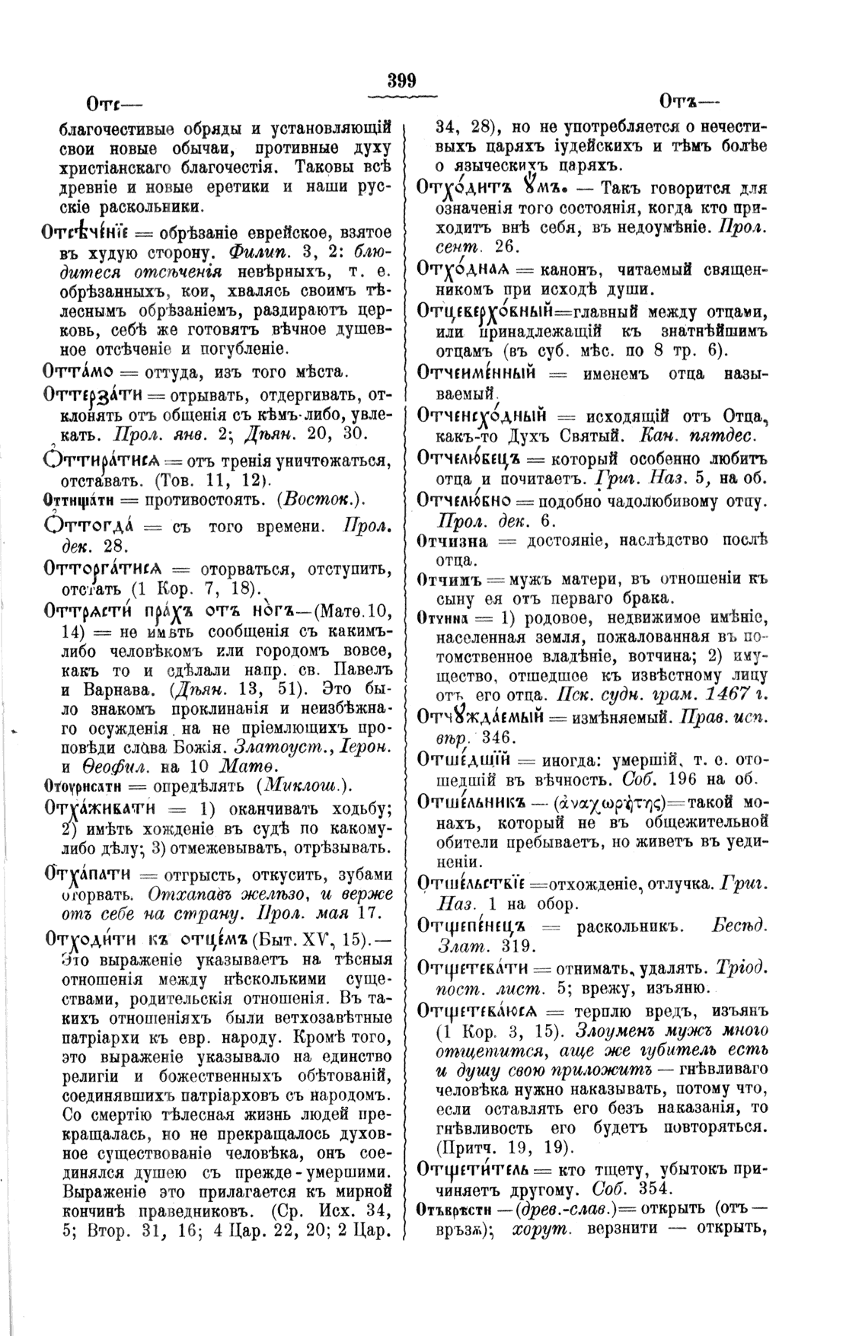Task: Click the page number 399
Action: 401,80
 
